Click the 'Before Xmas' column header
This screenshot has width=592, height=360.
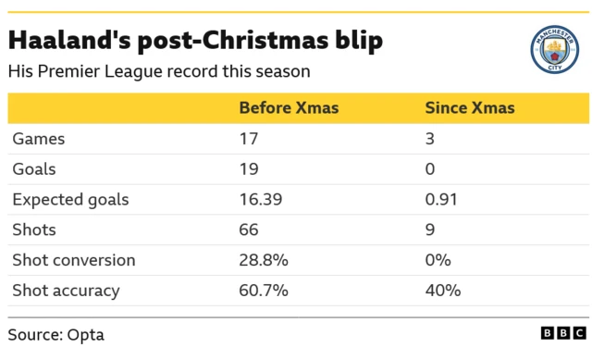pyautogui.click(x=289, y=108)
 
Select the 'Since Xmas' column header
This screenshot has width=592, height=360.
pyautogui.click(x=469, y=108)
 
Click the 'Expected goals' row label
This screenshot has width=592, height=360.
pyautogui.click(x=70, y=200)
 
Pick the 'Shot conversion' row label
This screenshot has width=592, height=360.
pyautogui.click(x=73, y=260)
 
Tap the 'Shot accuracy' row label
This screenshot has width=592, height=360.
pyautogui.click(x=66, y=291)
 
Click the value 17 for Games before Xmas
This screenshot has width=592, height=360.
pyautogui.click(x=248, y=139)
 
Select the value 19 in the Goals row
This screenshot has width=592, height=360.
pyautogui.click(x=249, y=169)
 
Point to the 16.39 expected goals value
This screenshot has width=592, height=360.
pyautogui.click(x=260, y=200)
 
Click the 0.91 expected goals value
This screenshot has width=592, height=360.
pyautogui.click(x=440, y=200)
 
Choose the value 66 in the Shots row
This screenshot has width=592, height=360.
pyautogui.click(x=249, y=230)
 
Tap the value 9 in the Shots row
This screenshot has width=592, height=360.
pyautogui.click(x=429, y=230)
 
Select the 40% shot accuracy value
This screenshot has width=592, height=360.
pyautogui.click(x=442, y=291)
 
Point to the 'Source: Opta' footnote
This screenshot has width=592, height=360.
pyautogui.click(x=55, y=334)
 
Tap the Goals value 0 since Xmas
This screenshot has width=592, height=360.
pyautogui.click(x=429, y=169)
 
